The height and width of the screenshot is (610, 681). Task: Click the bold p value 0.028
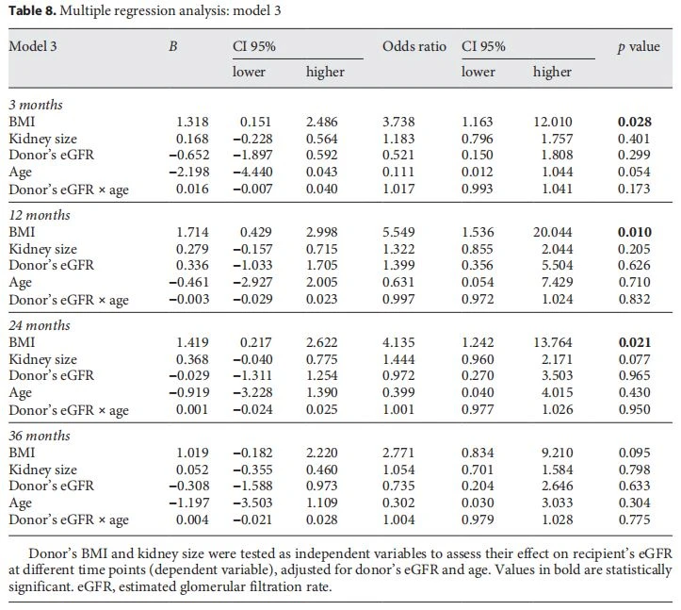635,122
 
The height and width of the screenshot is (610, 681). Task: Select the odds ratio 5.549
398,232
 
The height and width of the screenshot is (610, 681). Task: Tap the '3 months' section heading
36,105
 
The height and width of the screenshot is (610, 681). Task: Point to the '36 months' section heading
39,436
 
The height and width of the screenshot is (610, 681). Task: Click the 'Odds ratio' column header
414,46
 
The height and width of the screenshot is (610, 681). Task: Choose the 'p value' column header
639,47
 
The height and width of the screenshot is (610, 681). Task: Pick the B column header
173,46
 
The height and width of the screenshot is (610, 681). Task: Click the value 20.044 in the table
553,232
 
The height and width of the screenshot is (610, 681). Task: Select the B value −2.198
189,172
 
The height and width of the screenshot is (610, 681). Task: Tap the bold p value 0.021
635,342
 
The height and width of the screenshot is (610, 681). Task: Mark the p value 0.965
634,375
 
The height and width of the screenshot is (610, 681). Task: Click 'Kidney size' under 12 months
42,249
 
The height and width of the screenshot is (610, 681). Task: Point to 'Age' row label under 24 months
20,392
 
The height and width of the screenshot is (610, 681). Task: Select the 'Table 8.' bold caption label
32,10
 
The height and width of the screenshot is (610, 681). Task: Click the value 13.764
553,342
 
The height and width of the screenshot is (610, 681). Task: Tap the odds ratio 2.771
398,453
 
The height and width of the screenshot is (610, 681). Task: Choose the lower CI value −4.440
252,172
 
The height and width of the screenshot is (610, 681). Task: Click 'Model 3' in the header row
33,46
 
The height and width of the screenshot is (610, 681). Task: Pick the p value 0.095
634,453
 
